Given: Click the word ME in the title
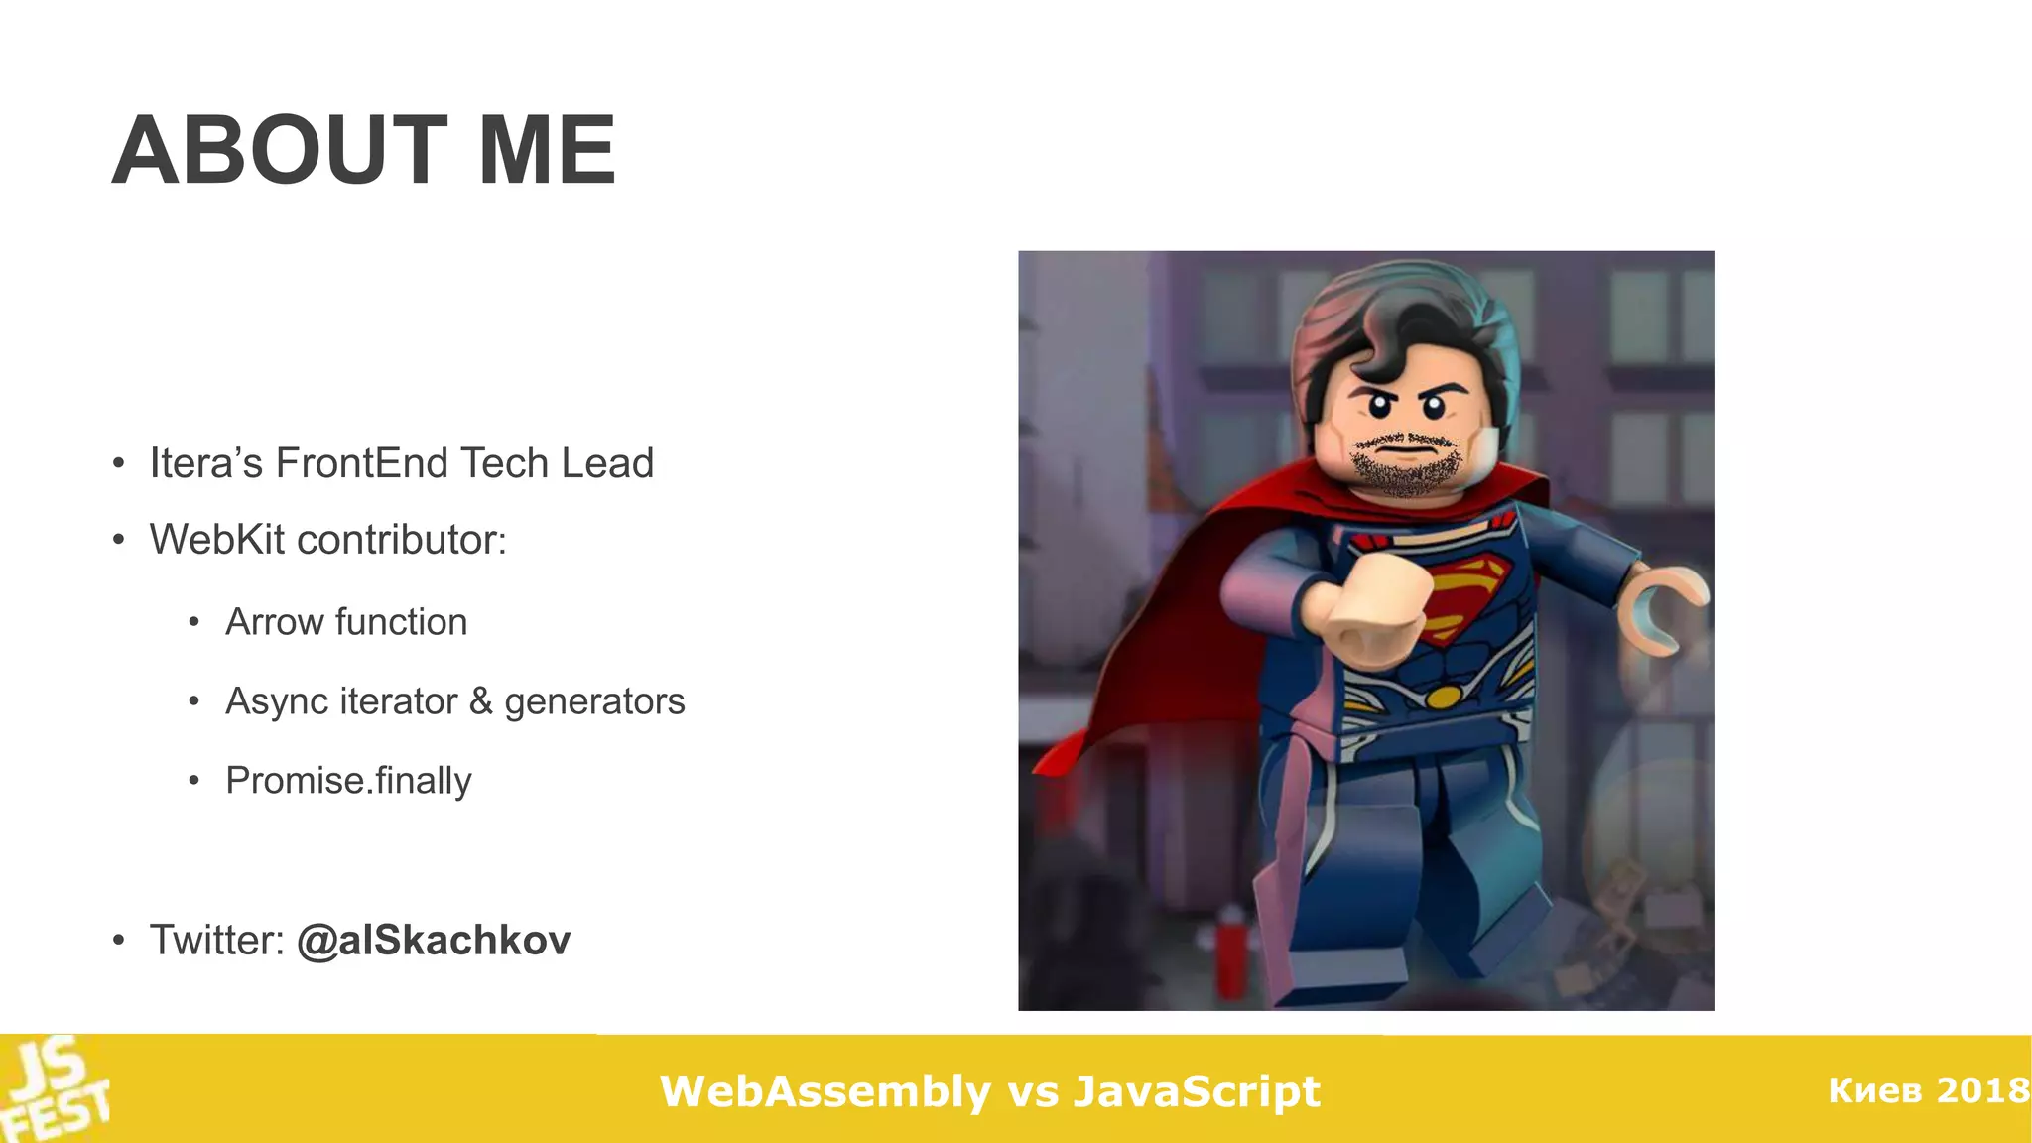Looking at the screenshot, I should [x=547, y=151].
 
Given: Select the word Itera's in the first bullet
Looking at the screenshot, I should [x=205, y=463].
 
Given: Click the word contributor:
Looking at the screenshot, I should [x=402, y=540].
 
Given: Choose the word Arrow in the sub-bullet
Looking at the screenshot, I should [x=275, y=622].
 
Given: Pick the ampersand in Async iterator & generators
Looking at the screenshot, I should [x=481, y=701].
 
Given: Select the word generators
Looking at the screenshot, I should [x=594, y=702].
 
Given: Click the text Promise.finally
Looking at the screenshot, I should [x=348, y=781].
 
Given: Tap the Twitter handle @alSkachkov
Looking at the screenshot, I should [x=434, y=941].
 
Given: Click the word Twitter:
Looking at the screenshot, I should [x=217, y=941].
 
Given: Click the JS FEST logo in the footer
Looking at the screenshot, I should [x=55, y=1089].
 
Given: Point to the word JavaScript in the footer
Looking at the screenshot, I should [x=1197, y=1091].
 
